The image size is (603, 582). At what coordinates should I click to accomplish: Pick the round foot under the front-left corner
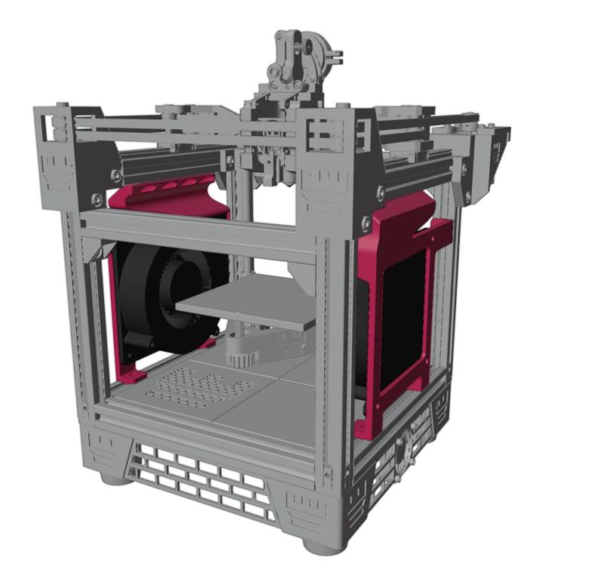tap(113, 478)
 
